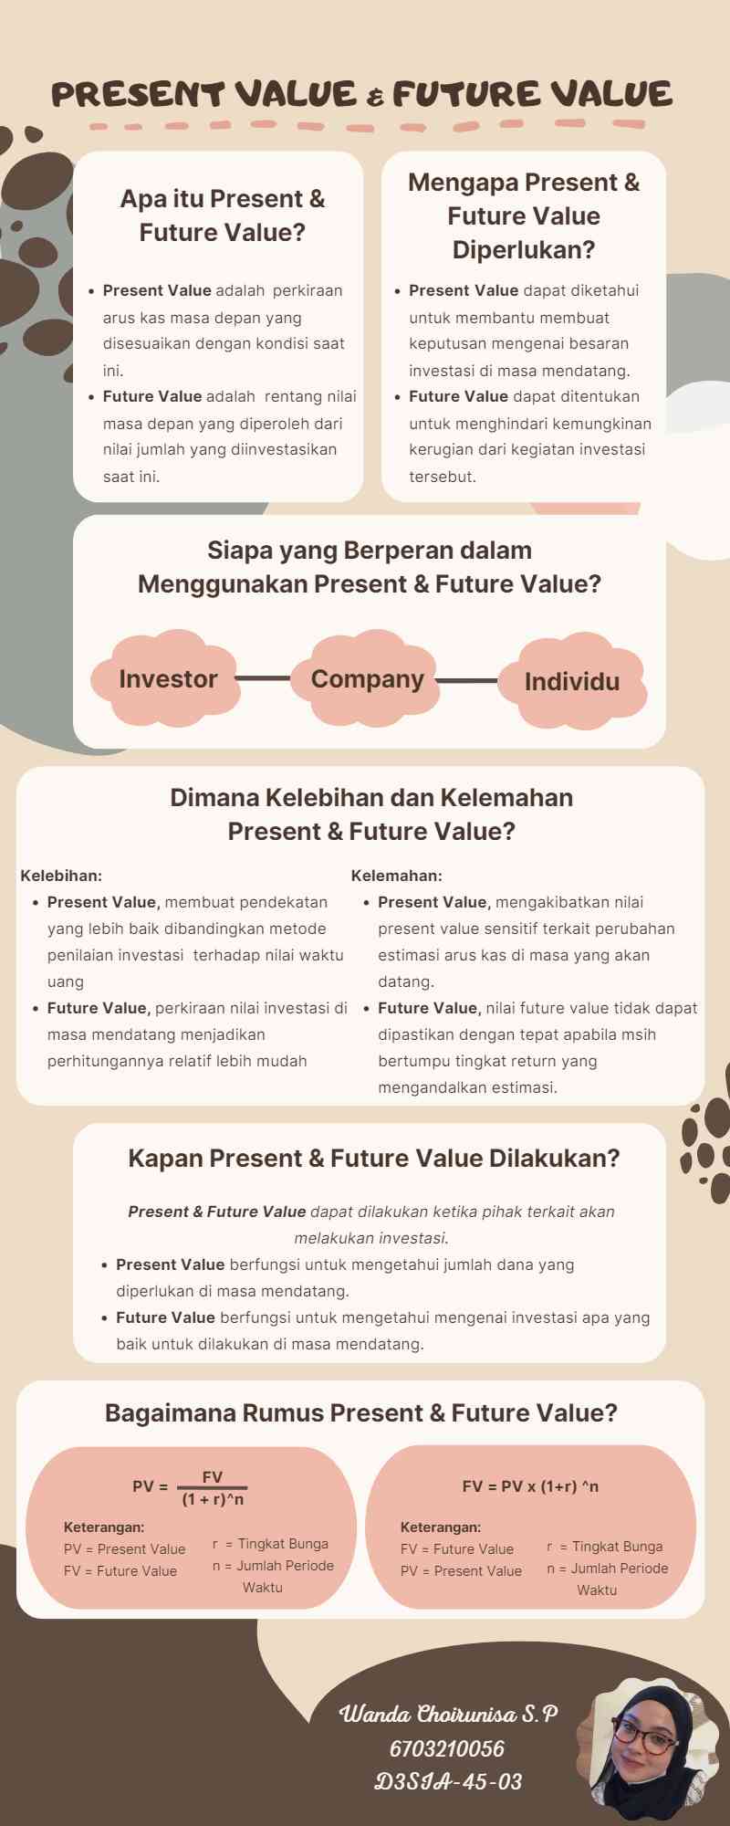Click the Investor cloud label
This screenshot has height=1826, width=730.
168,679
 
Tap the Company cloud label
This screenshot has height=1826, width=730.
368,679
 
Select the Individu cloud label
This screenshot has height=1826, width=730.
572,681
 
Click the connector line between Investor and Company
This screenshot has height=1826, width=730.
263,678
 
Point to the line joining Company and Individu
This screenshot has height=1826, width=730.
467,680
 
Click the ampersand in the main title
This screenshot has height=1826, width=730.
375,97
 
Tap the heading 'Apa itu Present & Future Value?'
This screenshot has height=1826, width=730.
223,215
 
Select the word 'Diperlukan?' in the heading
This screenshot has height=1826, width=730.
524,249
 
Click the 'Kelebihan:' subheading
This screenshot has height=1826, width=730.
61,876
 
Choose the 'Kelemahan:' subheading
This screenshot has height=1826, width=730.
397,876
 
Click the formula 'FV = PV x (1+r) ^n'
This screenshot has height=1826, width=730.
530,1486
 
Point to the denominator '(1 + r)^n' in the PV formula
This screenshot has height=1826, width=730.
213,1499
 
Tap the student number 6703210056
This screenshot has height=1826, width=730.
447,1748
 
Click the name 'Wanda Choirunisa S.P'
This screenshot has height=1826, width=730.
448,1714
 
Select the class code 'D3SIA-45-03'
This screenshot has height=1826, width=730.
448,1781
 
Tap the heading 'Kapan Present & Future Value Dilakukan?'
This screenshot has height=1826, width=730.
374,1158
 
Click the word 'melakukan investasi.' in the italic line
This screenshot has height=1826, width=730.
371,1238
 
